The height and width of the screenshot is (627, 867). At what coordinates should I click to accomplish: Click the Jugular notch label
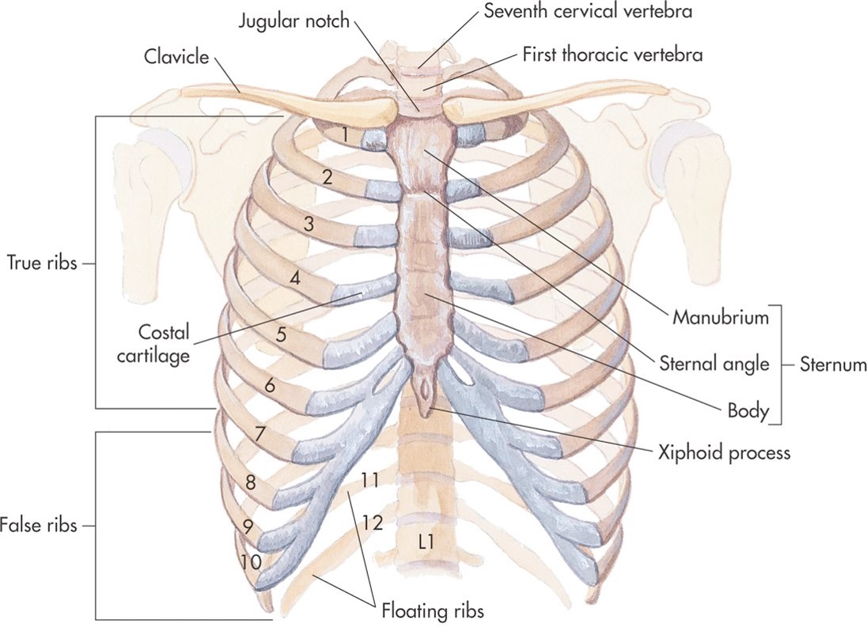(x=294, y=21)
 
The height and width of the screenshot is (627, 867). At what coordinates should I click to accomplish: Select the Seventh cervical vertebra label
(x=588, y=11)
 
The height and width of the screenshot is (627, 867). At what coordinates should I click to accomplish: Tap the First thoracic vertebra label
(x=612, y=55)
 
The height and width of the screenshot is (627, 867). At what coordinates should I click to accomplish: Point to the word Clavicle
(x=176, y=56)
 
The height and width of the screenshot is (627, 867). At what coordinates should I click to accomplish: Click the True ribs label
(x=41, y=263)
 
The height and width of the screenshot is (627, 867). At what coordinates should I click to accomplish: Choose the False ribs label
(x=39, y=524)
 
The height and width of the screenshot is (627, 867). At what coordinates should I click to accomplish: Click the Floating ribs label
(x=433, y=611)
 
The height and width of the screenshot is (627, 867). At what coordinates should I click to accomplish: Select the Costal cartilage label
(x=163, y=344)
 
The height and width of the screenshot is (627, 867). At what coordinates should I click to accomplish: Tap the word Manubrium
(x=721, y=317)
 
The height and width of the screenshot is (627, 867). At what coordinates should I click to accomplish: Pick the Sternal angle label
(x=714, y=364)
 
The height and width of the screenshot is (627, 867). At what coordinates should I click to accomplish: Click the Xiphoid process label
(x=724, y=453)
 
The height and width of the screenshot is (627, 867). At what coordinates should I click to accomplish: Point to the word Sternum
(x=833, y=364)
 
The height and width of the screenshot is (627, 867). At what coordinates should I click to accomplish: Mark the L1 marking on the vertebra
(x=426, y=542)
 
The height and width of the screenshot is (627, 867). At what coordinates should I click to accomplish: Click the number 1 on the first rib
(x=344, y=134)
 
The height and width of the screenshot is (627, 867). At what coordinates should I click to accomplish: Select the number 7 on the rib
(x=260, y=433)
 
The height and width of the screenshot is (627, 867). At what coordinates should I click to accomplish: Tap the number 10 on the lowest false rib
(x=251, y=562)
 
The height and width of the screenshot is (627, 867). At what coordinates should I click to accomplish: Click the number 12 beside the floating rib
(x=373, y=522)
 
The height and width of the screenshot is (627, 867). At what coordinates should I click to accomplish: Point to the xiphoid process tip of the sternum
(x=426, y=415)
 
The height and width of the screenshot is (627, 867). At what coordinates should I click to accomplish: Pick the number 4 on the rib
(x=296, y=278)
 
